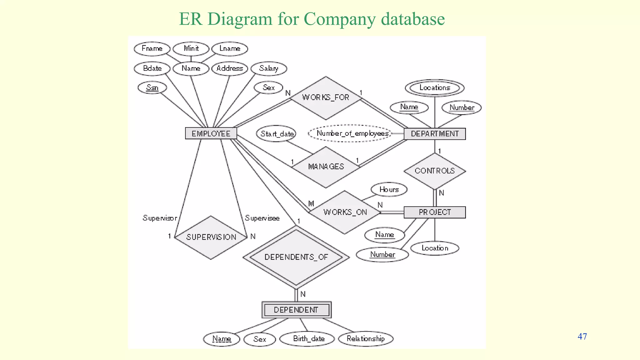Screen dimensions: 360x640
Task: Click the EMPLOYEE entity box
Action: coord(211,133)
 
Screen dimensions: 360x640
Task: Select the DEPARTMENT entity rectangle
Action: coord(434,134)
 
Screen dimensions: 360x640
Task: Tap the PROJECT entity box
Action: coord(434,212)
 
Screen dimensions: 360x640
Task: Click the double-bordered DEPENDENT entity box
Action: coord(296,310)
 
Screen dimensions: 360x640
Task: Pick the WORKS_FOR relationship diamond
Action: coord(326,98)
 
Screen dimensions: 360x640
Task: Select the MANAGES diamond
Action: coord(326,167)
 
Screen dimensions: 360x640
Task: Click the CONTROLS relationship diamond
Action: coord(434,171)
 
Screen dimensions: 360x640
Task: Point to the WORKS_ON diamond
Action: coord(345,212)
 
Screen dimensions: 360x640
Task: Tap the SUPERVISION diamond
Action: coord(211,237)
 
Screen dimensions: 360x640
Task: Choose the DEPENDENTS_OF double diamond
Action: coord(296,257)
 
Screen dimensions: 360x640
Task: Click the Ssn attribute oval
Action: coord(152,87)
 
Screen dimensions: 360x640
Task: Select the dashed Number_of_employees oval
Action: coord(350,133)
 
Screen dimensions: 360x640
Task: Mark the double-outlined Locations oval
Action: coord(434,88)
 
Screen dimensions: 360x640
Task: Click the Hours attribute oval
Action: coord(389,189)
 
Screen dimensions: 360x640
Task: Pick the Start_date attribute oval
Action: coord(277,134)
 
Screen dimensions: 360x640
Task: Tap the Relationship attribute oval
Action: coord(366,339)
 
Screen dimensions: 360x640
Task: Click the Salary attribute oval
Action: coord(269,68)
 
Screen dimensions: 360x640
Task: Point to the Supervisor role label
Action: coord(160,218)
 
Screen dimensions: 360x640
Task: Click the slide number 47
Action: coord(582,337)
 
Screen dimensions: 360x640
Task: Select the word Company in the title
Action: coord(340,19)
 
